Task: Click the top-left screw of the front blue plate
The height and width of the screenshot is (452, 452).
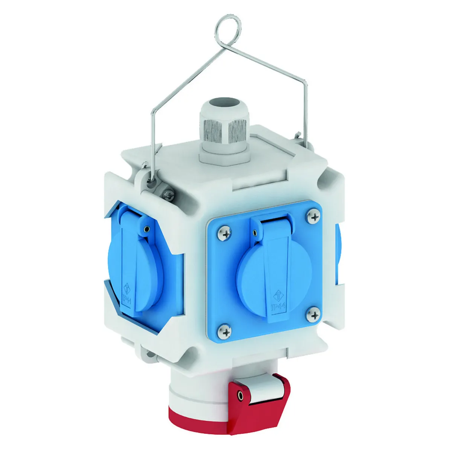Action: tap(224, 233)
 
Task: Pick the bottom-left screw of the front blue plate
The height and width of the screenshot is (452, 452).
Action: tap(224, 332)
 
